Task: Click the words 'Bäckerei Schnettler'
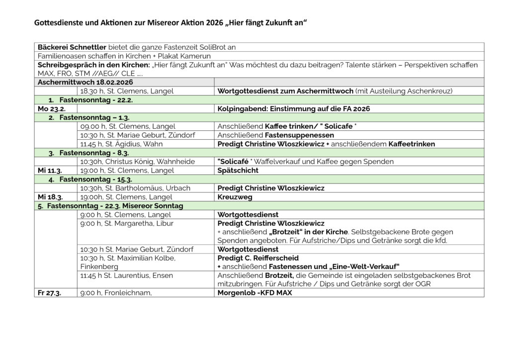72,47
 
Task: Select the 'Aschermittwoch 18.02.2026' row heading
85,82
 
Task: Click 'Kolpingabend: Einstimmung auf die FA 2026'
294,108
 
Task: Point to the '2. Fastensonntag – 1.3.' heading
89,117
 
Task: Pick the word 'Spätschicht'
238,171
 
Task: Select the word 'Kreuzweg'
235,197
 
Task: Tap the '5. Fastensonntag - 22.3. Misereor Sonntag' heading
115,206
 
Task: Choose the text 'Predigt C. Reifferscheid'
258,258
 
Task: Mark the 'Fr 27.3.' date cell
50,293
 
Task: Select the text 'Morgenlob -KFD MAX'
255,293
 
